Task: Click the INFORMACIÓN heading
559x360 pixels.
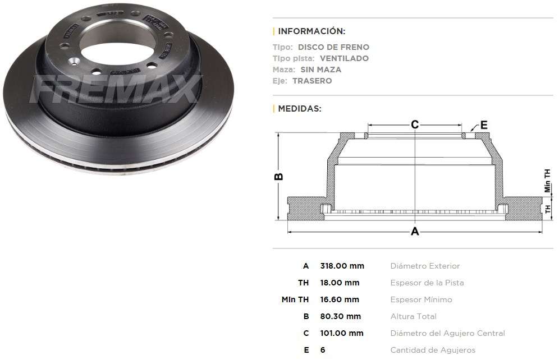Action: pyautogui.click(x=311, y=31)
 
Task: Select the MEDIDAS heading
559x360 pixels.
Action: pyautogui.click(x=300, y=109)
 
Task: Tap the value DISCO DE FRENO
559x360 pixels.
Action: pyautogui.click(x=333, y=47)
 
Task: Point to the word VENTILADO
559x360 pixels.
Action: pyautogui.click(x=344, y=58)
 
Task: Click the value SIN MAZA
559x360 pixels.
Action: pyautogui.click(x=320, y=70)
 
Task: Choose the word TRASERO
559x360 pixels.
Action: pyautogui.click(x=312, y=81)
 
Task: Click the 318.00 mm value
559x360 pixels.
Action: pyautogui.click(x=342, y=266)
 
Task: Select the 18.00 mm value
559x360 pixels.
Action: pyautogui.click(x=340, y=283)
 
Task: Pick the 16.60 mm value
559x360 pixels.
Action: pyautogui.click(x=340, y=299)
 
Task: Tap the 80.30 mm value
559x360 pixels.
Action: pyautogui.click(x=340, y=316)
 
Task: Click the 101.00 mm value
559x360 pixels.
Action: pyautogui.click(x=342, y=333)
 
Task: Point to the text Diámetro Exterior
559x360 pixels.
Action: pyautogui.click(x=425, y=266)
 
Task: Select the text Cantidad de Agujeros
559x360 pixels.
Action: pyautogui.click(x=433, y=350)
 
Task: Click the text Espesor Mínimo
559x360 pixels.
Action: pyautogui.click(x=421, y=299)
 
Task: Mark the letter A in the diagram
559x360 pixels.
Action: pyautogui.click(x=415, y=232)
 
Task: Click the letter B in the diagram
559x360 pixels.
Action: pyautogui.click(x=278, y=177)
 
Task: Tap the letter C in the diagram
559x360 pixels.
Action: pyautogui.click(x=415, y=124)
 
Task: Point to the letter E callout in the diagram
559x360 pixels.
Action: pyautogui.click(x=484, y=124)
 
